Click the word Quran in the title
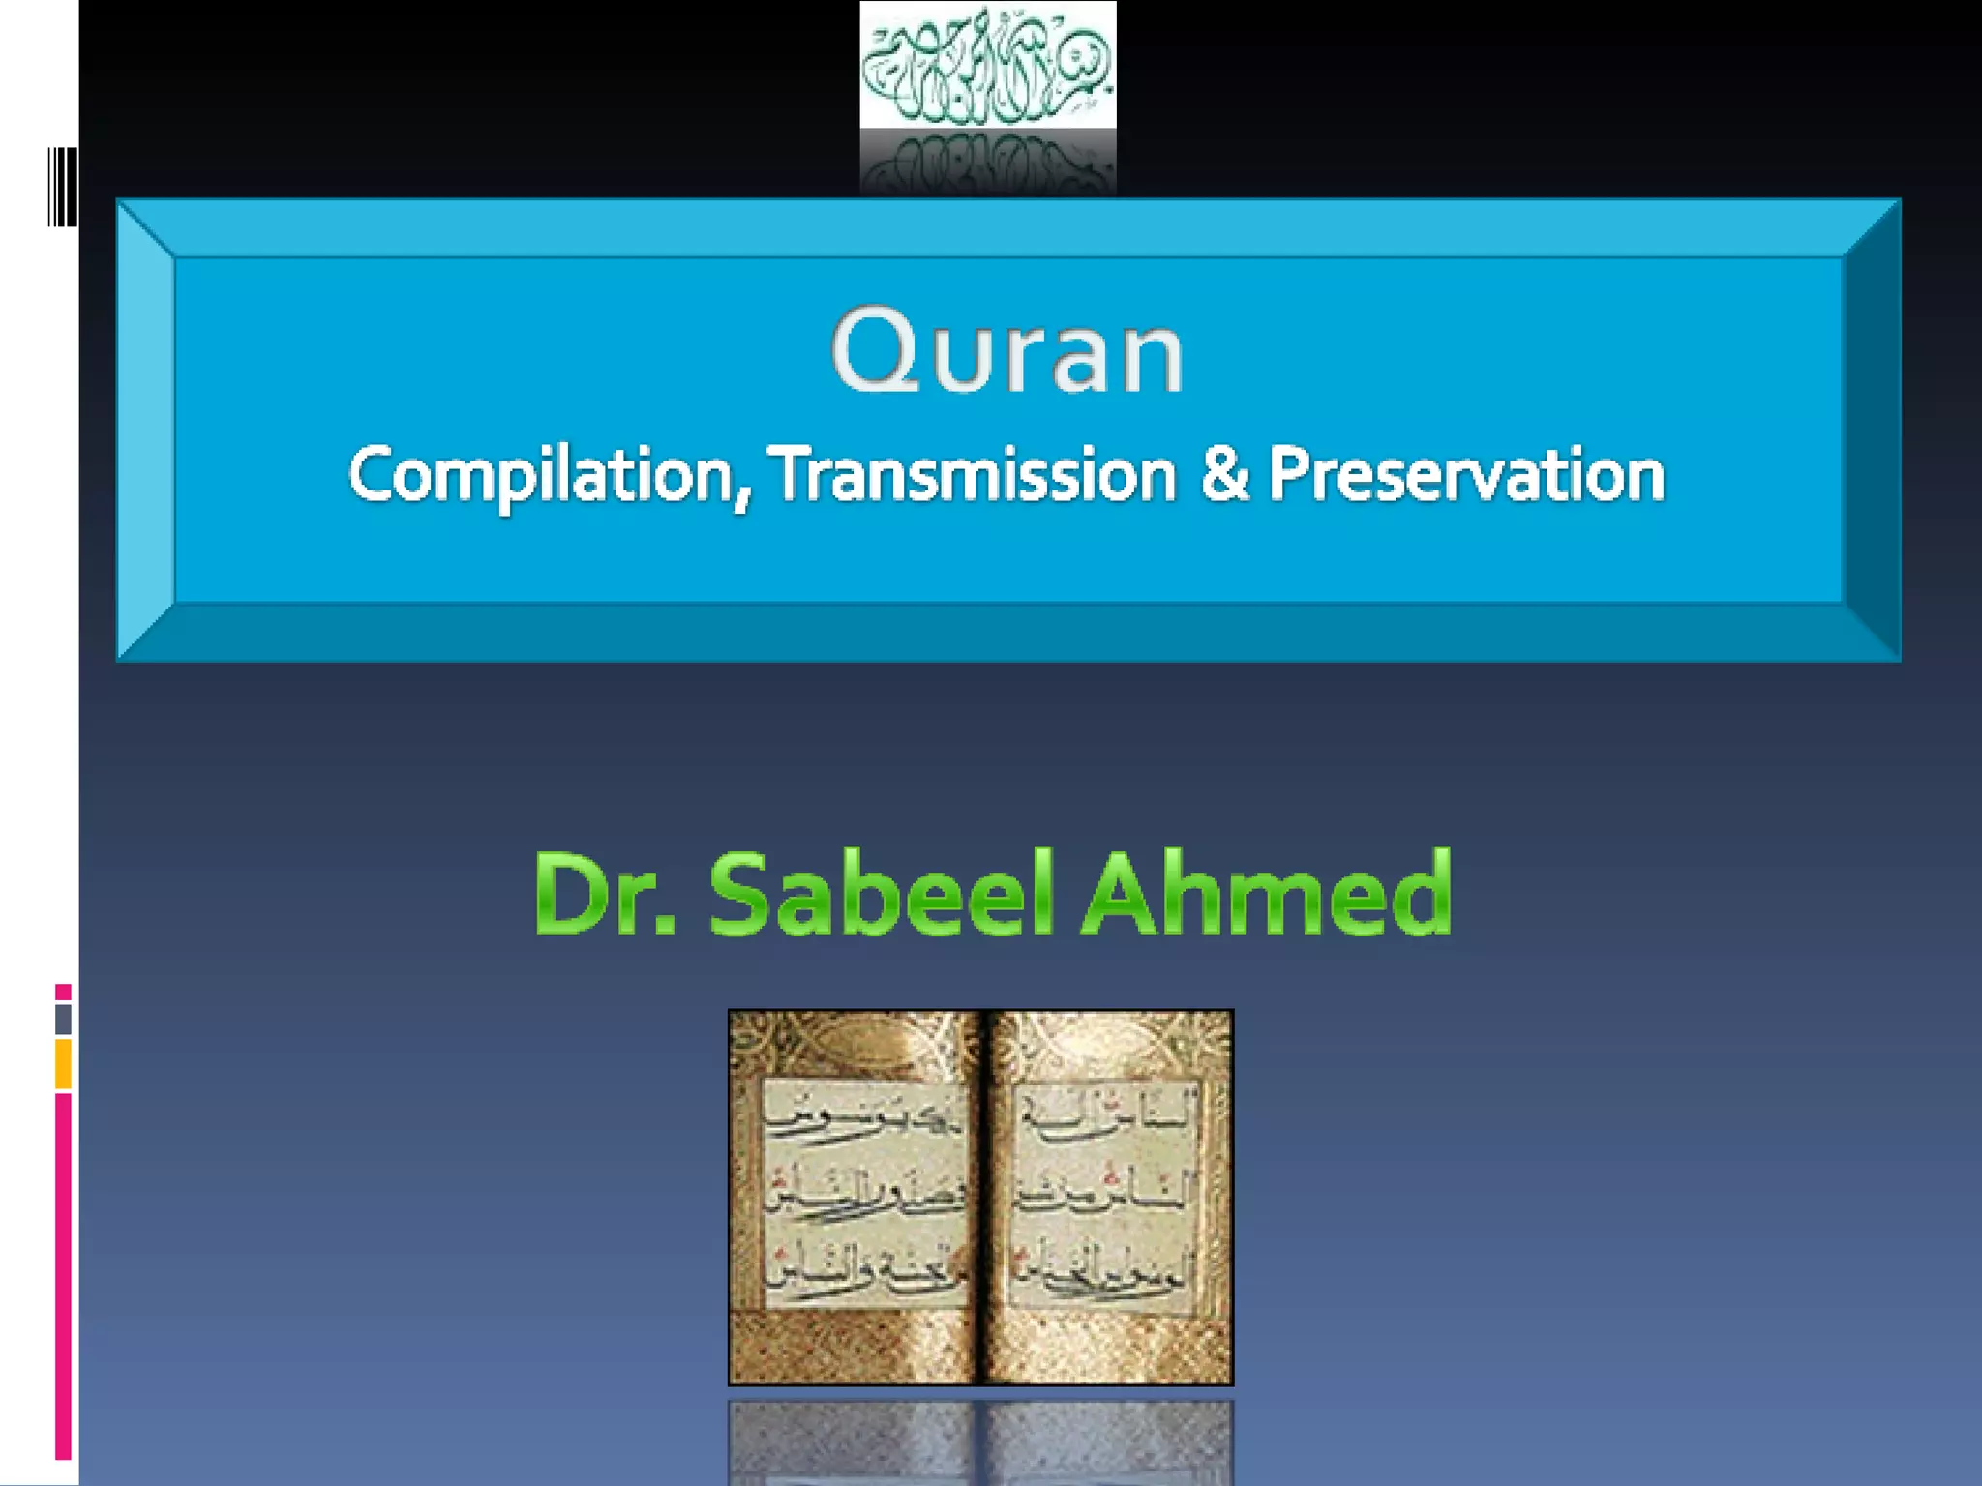pos(1007,351)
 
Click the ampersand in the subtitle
pos(1223,474)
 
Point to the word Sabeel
pos(881,894)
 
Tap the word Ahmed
pos(1267,894)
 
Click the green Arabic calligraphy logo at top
pos(988,65)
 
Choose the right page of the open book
pos(1108,1196)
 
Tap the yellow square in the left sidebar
pos(63,1063)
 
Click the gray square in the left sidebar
pos(63,1019)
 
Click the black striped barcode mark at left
pos(62,187)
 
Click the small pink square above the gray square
pos(63,992)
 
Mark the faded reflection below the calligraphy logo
pos(988,163)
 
